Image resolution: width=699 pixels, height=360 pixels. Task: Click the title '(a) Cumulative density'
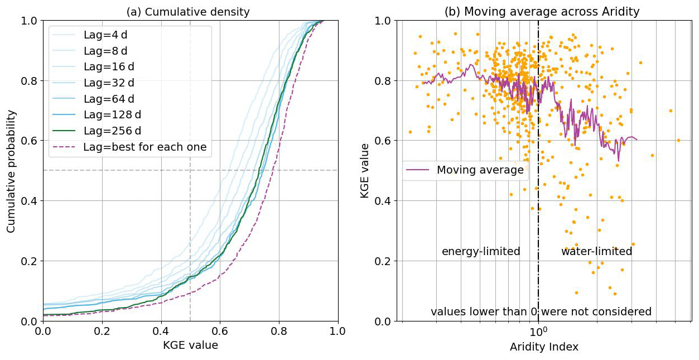(x=188, y=12)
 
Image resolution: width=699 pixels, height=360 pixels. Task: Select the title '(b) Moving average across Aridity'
(x=542, y=12)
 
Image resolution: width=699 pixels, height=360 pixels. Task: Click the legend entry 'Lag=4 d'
(x=105, y=35)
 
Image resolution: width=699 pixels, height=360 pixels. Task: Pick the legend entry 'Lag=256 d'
(x=112, y=131)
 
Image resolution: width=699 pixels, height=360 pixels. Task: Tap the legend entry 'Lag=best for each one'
(x=145, y=147)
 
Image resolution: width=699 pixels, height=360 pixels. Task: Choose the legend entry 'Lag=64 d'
(x=109, y=99)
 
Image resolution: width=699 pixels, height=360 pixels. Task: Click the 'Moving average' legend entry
(x=480, y=170)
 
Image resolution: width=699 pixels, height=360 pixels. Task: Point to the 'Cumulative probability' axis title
(x=12, y=171)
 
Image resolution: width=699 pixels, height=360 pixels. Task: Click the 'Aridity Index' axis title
(x=544, y=347)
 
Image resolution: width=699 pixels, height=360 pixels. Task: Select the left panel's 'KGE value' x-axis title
(x=190, y=345)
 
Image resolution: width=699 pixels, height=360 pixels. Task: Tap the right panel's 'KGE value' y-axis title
(x=365, y=171)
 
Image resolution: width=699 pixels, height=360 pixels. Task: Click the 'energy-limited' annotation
(x=481, y=252)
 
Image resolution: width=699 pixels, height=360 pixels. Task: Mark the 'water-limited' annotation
(x=596, y=252)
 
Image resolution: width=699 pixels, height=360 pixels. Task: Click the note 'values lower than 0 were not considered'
(x=541, y=311)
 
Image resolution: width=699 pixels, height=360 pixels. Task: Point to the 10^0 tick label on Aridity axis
(x=538, y=331)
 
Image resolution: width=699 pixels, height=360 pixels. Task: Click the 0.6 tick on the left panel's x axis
(x=220, y=331)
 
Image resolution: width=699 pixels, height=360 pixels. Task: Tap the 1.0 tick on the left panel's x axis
(x=338, y=331)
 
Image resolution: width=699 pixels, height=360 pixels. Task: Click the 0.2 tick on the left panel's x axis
(x=102, y=331)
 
